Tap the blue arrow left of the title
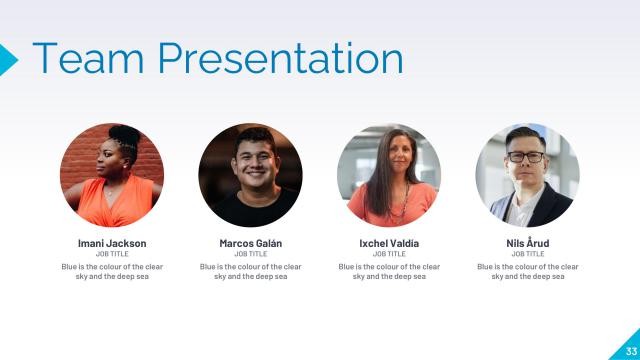pyautogui.click(x=8, y=59)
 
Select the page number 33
pyautogui.click(x=631, y=350)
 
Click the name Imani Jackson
pyautogui.click(x=112, y=243)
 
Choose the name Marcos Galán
pyautogui.click(x=250, y=243)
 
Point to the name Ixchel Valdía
pyautogui.click(x=389, y=243)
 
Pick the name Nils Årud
pyautogui.click(x=528, y=243)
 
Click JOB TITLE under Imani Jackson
pyautogui.click(x=112, y=254)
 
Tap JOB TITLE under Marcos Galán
pyautogui.click(x=250, y=254)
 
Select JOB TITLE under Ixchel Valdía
pyautogui.click(x=389, y=254)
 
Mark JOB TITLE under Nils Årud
pyautogui.click(x=528, y=254)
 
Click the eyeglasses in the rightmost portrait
pyautogui.click(x=526, y=157)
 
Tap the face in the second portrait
pyautogui.click(x=251, y=157)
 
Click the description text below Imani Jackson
pyautogui.click(x=112, y=271)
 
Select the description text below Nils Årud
pyautogui.click(x=528, y=271)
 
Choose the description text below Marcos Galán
pyautogui.click(x=250, y=271)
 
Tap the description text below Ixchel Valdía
pyautogui.click(x=389, y=271)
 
